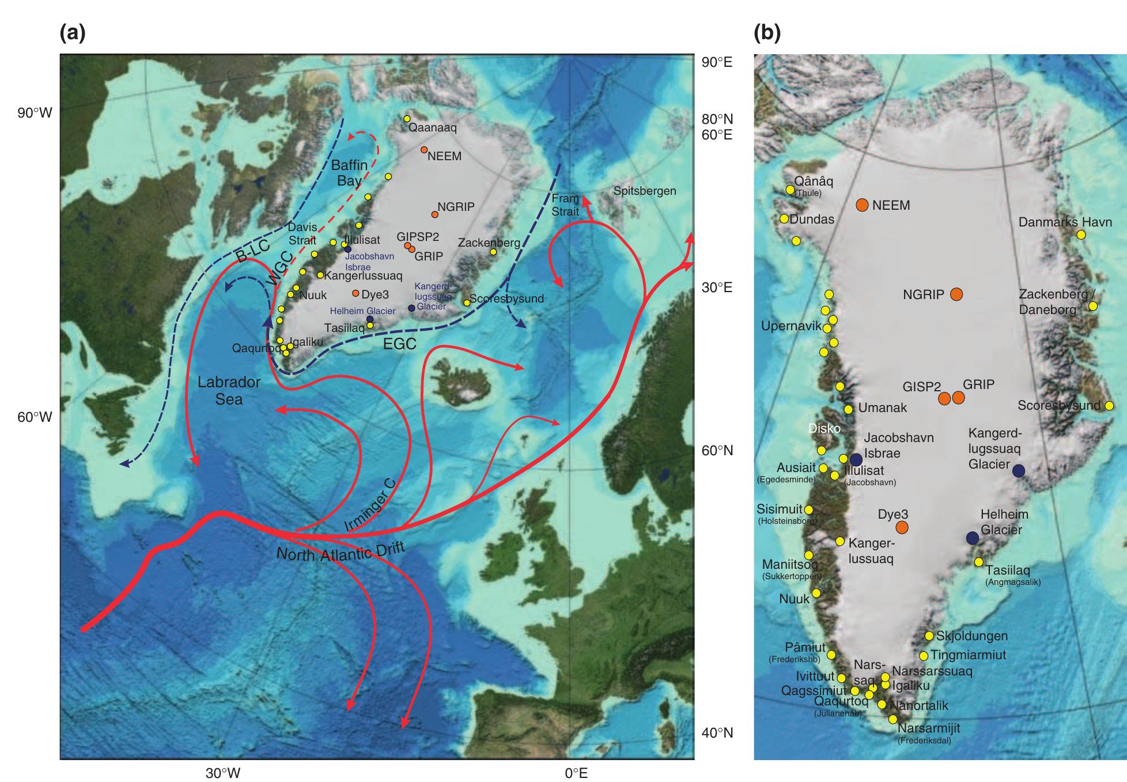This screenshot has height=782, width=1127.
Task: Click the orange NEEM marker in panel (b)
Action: [x=862, y=205]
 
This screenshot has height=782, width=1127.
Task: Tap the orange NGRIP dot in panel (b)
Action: [x=956, y=294]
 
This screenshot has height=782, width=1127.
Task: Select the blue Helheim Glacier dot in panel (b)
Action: [x=973, y=538]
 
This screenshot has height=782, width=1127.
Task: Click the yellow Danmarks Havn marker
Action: [x=1081, y=235]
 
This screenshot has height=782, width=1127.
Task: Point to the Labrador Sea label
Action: [x=229, y=390]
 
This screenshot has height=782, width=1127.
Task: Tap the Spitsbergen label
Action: [x=644, y=191]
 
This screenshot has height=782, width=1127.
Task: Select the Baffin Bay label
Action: [x=349, y=173]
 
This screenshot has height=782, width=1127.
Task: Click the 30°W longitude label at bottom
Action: [x=223, y=773]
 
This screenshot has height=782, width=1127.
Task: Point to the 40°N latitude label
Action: [x=717, y=733]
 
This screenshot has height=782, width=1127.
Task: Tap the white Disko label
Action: [x=825, y=429]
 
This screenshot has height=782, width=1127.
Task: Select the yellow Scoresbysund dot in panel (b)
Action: [x=1109, y=406]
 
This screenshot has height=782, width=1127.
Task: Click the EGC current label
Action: [x=399, y=344]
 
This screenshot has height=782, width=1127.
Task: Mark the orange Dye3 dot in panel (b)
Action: [x=902, y=527]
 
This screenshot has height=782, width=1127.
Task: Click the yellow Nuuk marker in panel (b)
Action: [x=816, y=593]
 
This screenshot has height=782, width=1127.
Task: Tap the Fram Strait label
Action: [x=565, y=205]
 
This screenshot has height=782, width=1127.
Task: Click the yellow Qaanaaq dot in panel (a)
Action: [x=407, y=119]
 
